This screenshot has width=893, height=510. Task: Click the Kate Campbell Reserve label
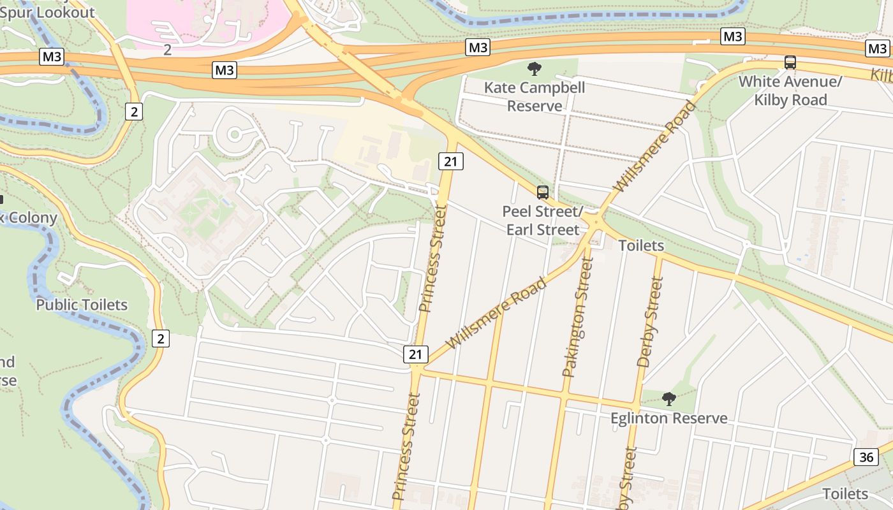(534, 96)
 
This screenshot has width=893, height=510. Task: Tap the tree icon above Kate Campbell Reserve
(535, 68)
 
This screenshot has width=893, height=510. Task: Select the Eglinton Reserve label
(668, 418)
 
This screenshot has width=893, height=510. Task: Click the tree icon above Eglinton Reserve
(668, 399)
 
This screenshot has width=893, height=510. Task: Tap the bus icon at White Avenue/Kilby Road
(790, 62)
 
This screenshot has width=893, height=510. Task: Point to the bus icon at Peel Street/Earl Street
(543, 192)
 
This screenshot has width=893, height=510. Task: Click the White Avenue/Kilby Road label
(790, 91)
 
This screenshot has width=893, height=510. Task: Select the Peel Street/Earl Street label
(543, 220)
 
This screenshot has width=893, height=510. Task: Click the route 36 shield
(866, 456)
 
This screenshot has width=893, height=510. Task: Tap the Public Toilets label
(82, 305)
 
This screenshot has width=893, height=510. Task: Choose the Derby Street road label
(651, 322)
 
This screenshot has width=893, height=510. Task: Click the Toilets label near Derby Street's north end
(641, 245)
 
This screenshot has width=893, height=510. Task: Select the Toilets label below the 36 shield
(845, 493)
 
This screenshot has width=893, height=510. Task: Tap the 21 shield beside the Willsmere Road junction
(416, 354)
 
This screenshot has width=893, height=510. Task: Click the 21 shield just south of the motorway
(450, 161)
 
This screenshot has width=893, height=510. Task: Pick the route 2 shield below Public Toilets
(161, 339)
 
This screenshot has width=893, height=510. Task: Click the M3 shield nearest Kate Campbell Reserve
(478, 47)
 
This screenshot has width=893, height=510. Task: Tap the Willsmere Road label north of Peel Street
(654, 147)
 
